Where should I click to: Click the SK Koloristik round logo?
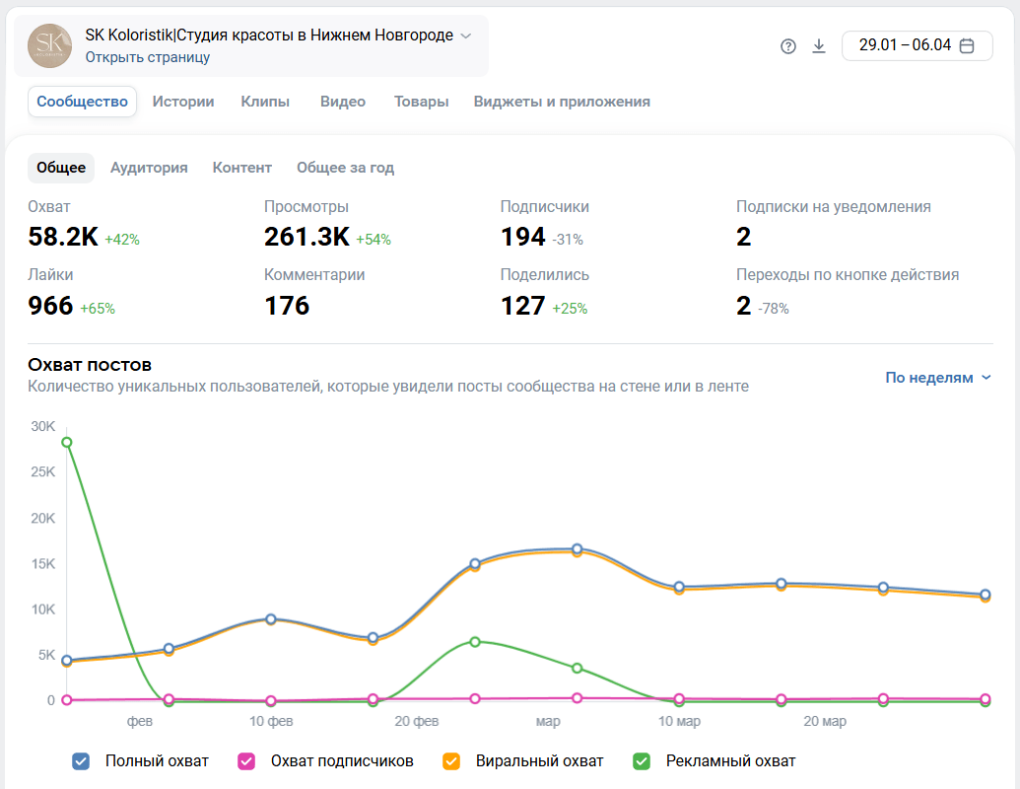(49, 45)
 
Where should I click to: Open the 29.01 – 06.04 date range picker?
(917, 45)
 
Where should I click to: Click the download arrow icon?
(819, 46)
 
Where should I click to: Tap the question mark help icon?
(788, 46)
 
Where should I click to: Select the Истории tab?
(183, 102)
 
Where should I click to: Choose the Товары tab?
(421, 102)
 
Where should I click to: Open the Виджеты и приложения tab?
(562, 102)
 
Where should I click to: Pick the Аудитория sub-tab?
(149, 168)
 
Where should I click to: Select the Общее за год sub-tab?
(345, 168)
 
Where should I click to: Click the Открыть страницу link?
(148, 57)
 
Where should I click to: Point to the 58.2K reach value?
(63, 237)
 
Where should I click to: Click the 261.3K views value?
(306, 237)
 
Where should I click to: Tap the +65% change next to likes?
(98, 309)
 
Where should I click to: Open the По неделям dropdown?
(937, 378)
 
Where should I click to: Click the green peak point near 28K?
(66, 442)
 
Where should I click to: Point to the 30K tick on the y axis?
(43, 426)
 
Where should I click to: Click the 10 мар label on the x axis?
(679, 722)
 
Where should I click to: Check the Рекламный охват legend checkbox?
(642, 761)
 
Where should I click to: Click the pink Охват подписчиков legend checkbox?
(246, 761)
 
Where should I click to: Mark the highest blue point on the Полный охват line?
(578, 549)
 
